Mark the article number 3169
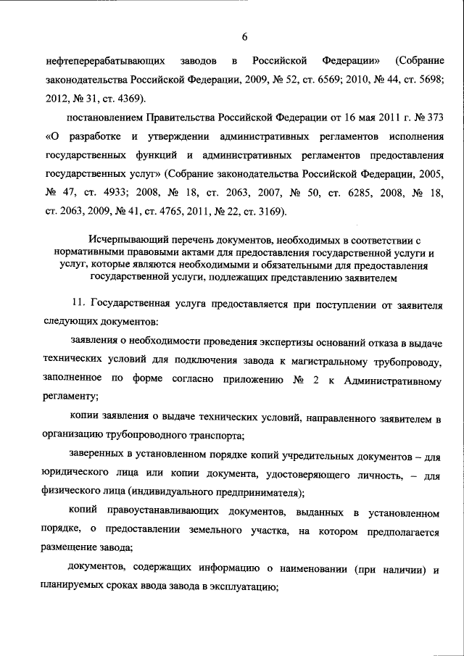271,212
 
